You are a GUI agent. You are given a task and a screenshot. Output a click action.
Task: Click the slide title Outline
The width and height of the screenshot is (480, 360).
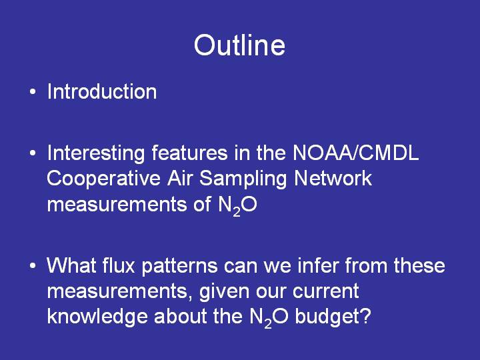coord(240,45)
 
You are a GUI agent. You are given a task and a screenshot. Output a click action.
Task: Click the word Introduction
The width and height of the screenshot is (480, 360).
coord(102,91)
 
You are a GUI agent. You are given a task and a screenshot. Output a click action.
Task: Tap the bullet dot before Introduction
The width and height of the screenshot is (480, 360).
coord(33,92)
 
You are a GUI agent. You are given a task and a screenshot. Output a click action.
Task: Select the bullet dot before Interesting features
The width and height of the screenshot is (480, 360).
coord(33,153)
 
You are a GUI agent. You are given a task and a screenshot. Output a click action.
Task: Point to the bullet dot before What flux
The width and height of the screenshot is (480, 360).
coord(33,265)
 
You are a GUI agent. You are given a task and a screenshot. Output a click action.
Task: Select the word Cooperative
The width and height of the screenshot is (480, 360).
coord(104,179)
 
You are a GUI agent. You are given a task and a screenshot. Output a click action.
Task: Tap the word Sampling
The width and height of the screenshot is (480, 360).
coord(243,179)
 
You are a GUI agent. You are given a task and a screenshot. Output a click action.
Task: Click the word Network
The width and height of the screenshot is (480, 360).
coord(333,178)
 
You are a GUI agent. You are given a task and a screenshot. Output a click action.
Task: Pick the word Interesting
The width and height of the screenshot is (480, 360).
coord(96,153)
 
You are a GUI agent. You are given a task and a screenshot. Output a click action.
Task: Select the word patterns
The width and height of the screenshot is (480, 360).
coord(179,266)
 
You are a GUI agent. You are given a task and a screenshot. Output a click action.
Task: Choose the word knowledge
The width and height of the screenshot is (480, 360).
coord(97,317)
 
